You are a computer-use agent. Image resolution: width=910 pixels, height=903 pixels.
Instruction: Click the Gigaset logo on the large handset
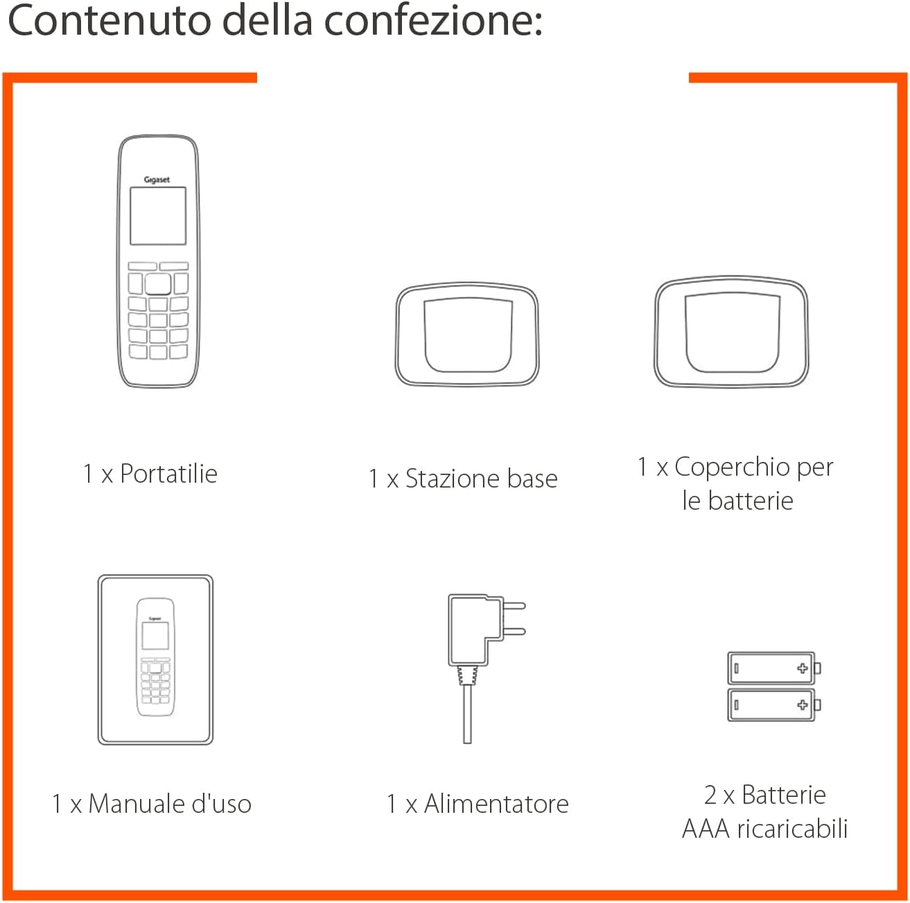click(x=157, y=180)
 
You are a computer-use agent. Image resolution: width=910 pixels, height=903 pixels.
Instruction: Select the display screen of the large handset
click(x=158, y=216)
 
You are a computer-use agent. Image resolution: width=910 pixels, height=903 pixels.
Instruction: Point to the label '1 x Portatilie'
click(x=150, y=474)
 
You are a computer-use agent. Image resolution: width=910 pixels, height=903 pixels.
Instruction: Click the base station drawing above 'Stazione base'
click(x=467, y=335)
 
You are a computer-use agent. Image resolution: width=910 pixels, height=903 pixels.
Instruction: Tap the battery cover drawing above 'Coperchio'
click(x=731, y=333)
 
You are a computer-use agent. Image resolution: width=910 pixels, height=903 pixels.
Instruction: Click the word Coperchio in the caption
click(x=733, y=467)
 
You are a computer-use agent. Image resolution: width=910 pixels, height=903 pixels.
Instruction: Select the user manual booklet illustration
click(x=155, y=660)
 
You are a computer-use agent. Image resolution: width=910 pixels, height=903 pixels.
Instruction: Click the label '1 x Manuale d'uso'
click(x=151, y=804)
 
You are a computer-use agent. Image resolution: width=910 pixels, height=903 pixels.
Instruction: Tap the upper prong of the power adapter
click(x=514, y=605)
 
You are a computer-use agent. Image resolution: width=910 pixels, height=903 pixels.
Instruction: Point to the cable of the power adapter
click(x=467, y=714)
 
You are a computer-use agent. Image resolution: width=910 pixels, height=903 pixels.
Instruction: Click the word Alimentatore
click(x=496, y=804)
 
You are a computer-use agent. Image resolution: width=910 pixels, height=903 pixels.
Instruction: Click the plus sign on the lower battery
click(x=803, y=705)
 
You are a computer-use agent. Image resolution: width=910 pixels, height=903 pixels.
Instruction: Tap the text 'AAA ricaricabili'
click(x=764, y=828)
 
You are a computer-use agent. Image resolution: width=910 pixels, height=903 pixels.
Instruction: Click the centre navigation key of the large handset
click(x=158, y=284)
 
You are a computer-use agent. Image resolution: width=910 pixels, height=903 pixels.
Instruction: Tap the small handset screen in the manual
click(x=155, y=636)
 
